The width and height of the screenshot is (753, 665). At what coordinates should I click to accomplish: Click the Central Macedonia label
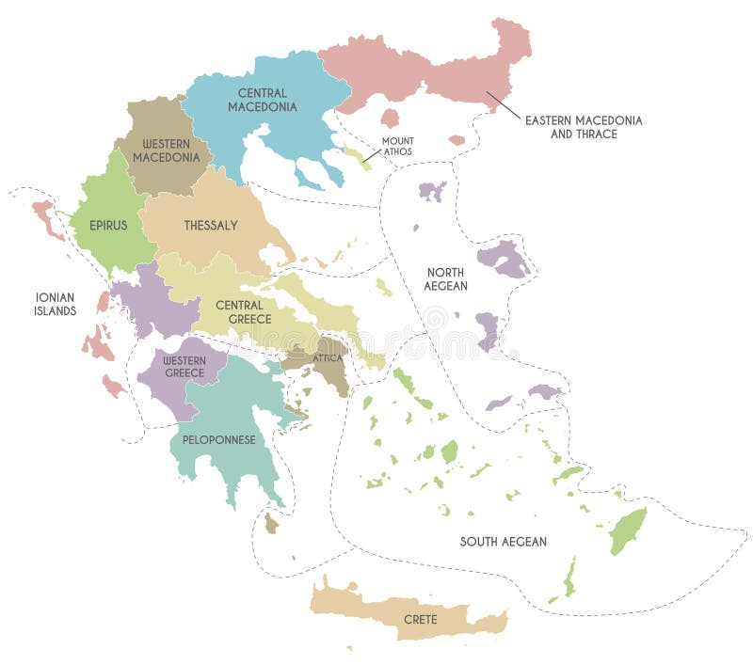click(262, 100)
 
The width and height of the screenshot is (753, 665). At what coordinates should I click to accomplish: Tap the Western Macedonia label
click(166, 150)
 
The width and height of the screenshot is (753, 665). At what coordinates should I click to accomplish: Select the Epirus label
click(108, 226)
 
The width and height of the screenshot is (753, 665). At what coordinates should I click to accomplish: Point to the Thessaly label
click(211, 226)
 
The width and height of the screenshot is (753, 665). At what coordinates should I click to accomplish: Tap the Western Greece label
click(184, 367)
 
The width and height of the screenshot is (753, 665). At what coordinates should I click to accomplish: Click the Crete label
click(420, 621)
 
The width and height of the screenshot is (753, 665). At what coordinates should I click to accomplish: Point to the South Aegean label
click(503, 542)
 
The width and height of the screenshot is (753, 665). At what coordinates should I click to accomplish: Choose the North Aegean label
click(445, 278)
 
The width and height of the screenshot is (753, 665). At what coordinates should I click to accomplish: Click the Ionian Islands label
click(56, 303)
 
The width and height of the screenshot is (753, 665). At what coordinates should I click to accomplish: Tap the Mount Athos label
click(397, 146)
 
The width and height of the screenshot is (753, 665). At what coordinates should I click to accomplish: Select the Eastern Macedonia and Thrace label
click(584, 127)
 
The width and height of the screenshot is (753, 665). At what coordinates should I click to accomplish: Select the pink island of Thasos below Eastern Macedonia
click(390, 118)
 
